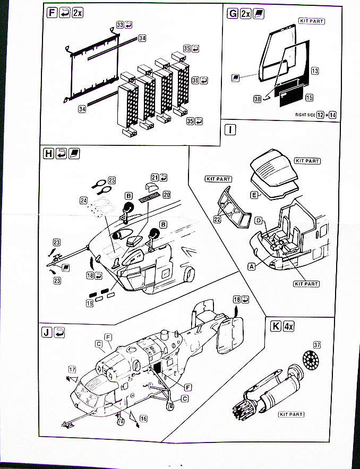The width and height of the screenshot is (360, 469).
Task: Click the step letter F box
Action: tap(52, 13)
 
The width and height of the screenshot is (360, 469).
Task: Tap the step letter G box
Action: tap(232, 13)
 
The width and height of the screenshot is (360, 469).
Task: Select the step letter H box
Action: tap(48, 153)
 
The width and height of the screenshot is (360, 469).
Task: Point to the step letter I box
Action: tap(230, 130)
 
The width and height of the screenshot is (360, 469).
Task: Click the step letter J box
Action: tap(47, 332)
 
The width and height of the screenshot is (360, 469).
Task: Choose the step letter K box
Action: tap(276, 326)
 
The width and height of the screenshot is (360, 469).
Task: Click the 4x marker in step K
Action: tap(288, 326)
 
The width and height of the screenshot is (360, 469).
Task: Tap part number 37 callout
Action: tap(317, 345)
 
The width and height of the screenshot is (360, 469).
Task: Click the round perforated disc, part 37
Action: tap(311, 360)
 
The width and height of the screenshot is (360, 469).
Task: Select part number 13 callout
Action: tap(315, 71)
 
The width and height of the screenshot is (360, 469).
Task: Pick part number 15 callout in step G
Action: tap(310, 98)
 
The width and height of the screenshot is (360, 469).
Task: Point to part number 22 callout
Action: tap(217, 219)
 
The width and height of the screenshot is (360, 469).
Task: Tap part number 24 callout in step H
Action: tap(83, 201)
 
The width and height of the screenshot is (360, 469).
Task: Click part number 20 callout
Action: tap(166, 195)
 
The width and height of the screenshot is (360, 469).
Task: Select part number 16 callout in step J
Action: tap(143, 419)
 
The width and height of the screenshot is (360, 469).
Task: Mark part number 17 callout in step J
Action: tap(72, 369)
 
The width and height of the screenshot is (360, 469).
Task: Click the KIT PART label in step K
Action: tap(291, 414)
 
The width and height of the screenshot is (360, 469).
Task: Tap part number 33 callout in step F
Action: tap(120, 25)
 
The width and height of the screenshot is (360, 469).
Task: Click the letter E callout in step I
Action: tap(254, 195)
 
